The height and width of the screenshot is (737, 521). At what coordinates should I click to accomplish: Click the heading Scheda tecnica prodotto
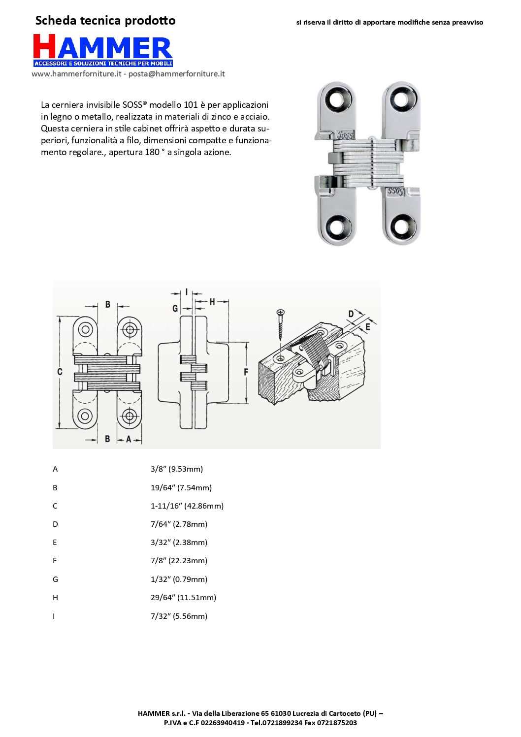coord(105,21)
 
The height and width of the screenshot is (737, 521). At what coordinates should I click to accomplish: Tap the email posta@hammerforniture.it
coord(176,74)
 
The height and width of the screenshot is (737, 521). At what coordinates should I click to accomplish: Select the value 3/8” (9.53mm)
coord(177,469)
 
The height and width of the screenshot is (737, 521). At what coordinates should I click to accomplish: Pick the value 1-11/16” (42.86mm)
coord(187,506)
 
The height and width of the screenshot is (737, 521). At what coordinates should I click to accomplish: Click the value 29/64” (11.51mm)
coord(183,597)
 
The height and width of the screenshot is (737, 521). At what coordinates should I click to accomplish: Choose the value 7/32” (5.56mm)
coord(179,616)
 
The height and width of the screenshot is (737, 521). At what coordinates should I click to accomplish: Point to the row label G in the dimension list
coord(55,579)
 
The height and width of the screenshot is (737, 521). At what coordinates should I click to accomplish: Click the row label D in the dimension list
coord(55,524)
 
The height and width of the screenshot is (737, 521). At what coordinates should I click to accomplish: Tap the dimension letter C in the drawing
coord(60,372)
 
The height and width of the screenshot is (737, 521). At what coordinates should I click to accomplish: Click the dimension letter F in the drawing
coord(246,372)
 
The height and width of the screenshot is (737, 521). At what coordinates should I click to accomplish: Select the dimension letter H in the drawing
coord(212,301)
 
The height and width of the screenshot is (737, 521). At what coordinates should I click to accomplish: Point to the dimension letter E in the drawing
coord(368,326)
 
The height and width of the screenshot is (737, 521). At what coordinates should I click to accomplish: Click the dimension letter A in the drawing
coord(129,439)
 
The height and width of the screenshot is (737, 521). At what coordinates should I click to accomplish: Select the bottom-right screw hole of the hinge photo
coord(401,226)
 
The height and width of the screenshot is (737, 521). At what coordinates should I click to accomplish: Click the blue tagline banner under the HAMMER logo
coord(103,64)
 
